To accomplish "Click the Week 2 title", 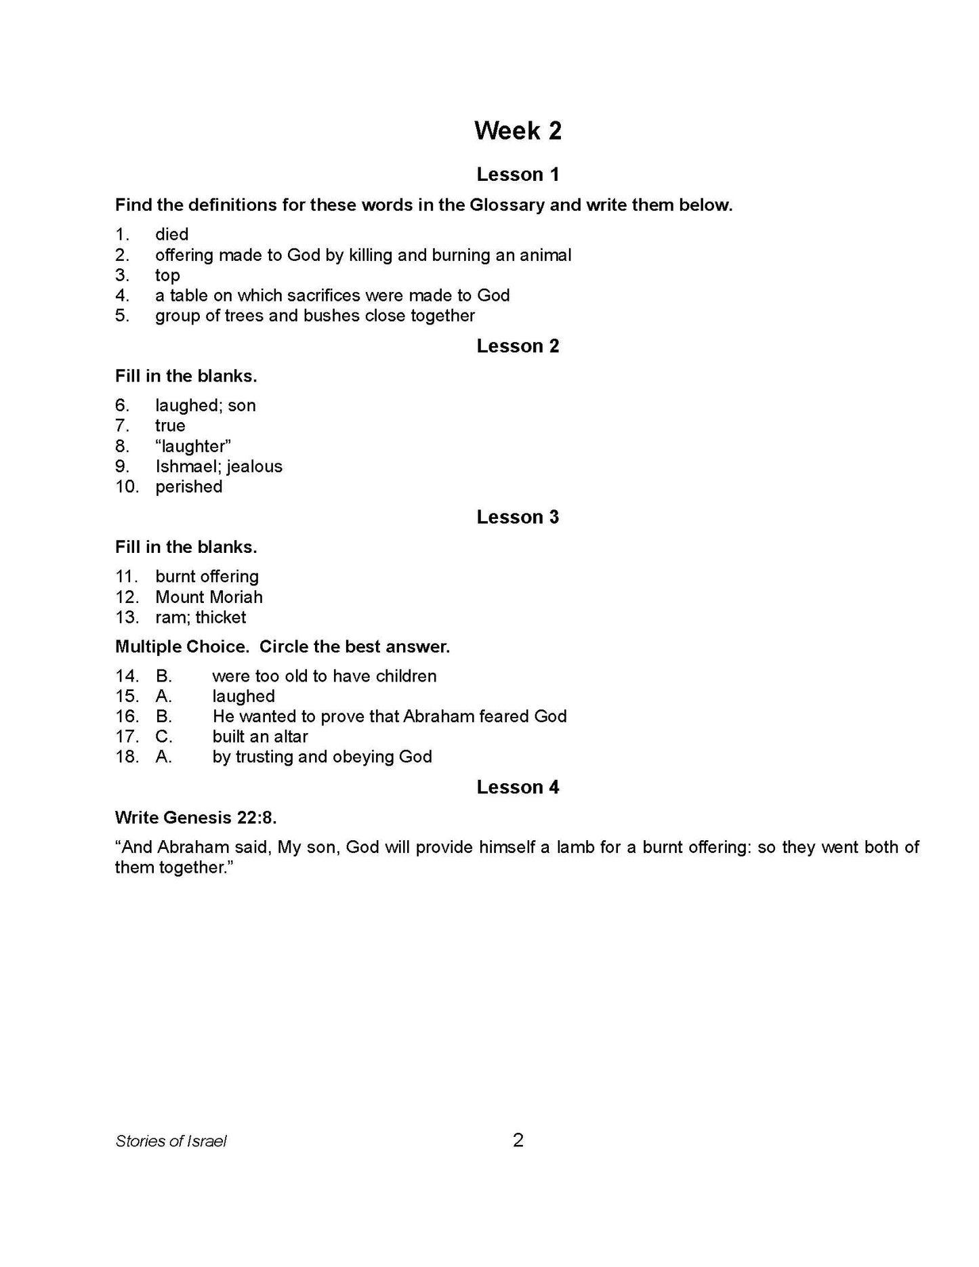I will [x=518, y=131].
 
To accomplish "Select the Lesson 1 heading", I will [x=518, y=175].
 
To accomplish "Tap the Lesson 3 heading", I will [x=518, y=517].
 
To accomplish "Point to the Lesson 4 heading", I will [x=518, y=787].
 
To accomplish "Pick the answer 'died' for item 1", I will [x=171, y=234].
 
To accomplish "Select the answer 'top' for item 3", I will [x=167, y=276].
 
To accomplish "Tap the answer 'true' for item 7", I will [x=170, y=426].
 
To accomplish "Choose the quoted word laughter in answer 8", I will [x=193, y=446].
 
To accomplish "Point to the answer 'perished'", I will [x=188, y=487].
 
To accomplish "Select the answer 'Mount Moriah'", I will [x=209, y=598].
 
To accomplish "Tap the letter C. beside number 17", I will [x=164, y=737].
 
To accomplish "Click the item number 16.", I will [x=127, y=717].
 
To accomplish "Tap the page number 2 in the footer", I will [x=518, y=1140].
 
